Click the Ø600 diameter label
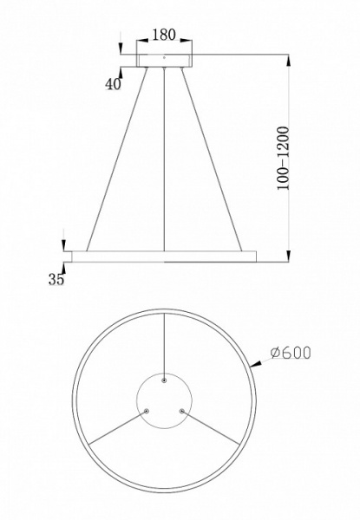pyautogui.click(x=290, y=354)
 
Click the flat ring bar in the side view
pyautogui.click(x=164, y=256)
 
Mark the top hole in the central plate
pyautogui.click(x=164, y=380)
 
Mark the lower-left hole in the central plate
pyautogui.click(x=147, y=411)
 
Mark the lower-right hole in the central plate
pyautogui.click(x=181, y=411)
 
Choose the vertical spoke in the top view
pyautogui.click(x=164, y=342)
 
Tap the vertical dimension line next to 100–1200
pyautogui.click(x=286, y=157)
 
